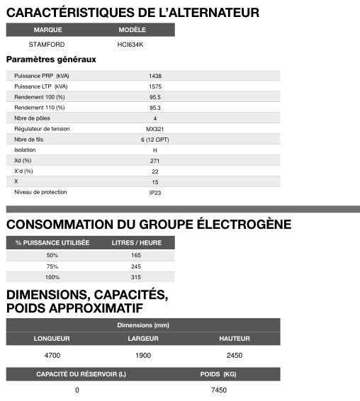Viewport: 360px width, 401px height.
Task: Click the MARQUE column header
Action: coord(47,30)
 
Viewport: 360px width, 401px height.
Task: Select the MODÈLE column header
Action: coord(132,30)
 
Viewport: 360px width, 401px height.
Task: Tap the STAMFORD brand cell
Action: coord(47,44)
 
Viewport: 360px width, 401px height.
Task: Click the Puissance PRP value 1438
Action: coord(155,76)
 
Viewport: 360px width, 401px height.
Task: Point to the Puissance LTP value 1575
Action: coord(155,86)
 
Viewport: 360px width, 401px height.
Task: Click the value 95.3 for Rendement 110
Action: coord(155,108)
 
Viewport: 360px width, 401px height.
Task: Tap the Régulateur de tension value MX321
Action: coord(155,129)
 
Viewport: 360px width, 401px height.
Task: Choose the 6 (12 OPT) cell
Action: coord(155,140)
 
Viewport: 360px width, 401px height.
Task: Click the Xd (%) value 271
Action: coord(155,161)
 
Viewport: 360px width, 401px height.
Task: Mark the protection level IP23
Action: coord(155,193)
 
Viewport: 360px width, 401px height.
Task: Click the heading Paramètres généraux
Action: coord(51,60)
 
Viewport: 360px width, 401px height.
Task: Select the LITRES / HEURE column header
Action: coord(137,242)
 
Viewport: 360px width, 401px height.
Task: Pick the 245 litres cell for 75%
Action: coord(137,266)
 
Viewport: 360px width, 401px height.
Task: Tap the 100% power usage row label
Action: coord(52,277)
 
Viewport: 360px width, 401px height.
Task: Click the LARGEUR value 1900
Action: coord(143,354)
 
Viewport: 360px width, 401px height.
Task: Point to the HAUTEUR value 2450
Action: coord(235,354)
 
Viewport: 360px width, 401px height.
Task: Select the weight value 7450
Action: coord(219,390)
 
